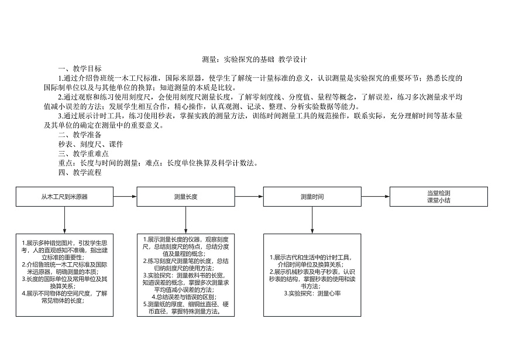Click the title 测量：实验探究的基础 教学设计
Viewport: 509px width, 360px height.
pos(254,59)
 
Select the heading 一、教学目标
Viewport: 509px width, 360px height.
pos(80,68)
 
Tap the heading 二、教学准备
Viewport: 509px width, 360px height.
pos(80,135)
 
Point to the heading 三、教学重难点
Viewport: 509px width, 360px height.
pos(83,153)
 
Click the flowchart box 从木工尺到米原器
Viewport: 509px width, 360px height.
pos(64,197)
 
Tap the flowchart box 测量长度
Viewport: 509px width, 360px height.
pos(185,197)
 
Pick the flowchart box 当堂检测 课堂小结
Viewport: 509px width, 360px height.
pos(438,196)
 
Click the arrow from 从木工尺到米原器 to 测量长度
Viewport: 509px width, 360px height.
pos(125,197)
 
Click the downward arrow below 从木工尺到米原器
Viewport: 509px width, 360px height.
pos(64,220)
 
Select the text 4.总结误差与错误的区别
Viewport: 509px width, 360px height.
pos(185,297)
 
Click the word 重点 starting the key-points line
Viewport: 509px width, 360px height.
pos(65,163)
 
